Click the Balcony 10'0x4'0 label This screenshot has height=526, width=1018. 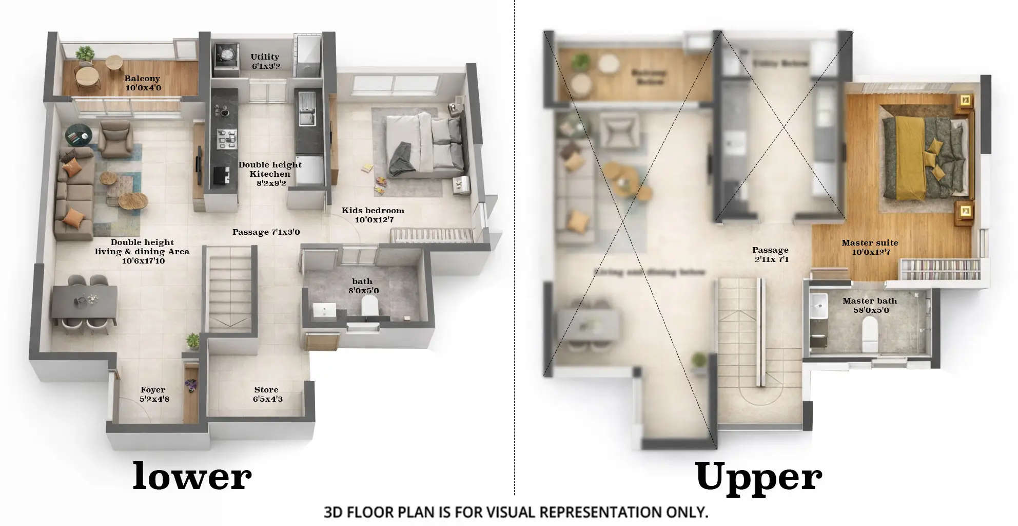143,83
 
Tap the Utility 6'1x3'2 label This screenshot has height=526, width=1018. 265,61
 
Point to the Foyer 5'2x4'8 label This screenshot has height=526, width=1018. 153,394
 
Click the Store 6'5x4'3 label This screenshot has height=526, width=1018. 267,394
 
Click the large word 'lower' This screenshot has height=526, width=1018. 192,476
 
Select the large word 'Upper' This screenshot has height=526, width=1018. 758,477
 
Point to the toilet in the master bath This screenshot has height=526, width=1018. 870,333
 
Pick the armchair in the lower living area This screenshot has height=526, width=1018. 116,140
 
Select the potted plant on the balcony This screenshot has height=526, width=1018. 85,54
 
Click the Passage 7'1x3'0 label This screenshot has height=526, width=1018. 266,232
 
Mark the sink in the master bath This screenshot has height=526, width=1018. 818,306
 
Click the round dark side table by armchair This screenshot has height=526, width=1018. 78,135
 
